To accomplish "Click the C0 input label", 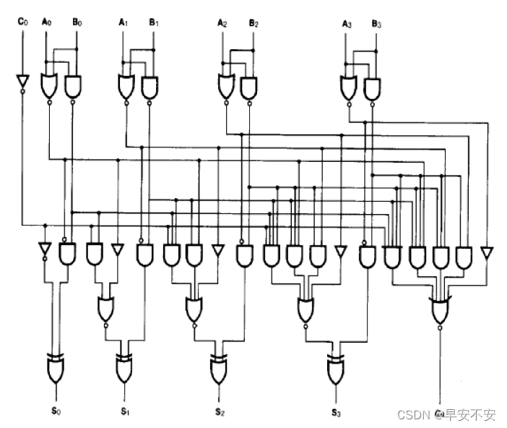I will pos(22,22).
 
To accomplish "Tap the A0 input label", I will pos(47,22).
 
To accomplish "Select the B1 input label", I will pos(154,22).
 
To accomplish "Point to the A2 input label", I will pos(222,22).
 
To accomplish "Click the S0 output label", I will pos(55,411).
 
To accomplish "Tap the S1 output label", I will pos(124,411).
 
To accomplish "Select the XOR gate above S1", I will pos(123,369).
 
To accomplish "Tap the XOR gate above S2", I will pos(219,370).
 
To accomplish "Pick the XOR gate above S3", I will pos(335,370).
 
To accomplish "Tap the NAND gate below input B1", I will pos(149,87).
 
